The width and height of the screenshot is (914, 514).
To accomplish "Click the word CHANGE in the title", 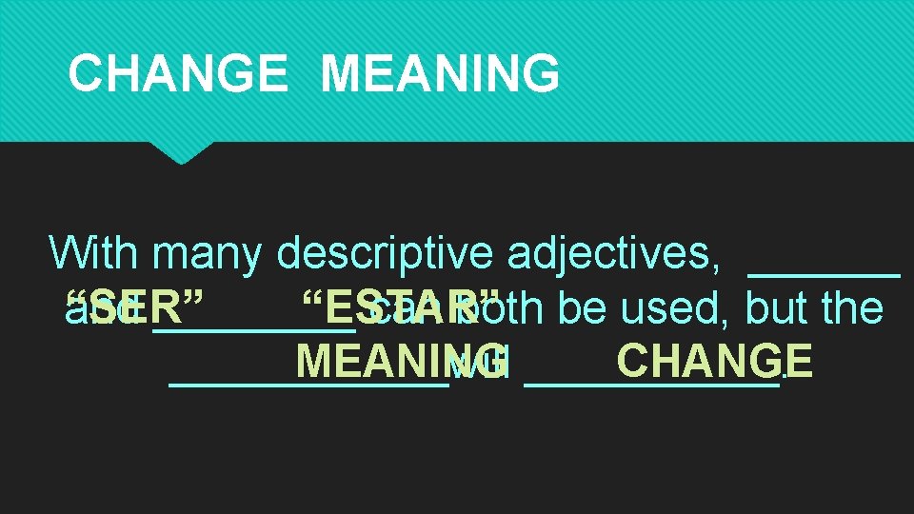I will (178, 72).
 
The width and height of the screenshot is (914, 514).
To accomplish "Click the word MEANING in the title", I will (440, 72).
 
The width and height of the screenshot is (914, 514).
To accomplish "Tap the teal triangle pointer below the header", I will (181, 152).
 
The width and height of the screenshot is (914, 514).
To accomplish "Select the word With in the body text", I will (96, 253).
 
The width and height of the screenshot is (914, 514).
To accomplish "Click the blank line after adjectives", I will (825, 272).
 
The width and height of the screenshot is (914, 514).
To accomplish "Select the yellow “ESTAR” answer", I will (400, 307).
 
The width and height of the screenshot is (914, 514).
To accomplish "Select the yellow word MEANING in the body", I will (401, 362).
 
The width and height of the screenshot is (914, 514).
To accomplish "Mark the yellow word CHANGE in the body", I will (714, 362).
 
